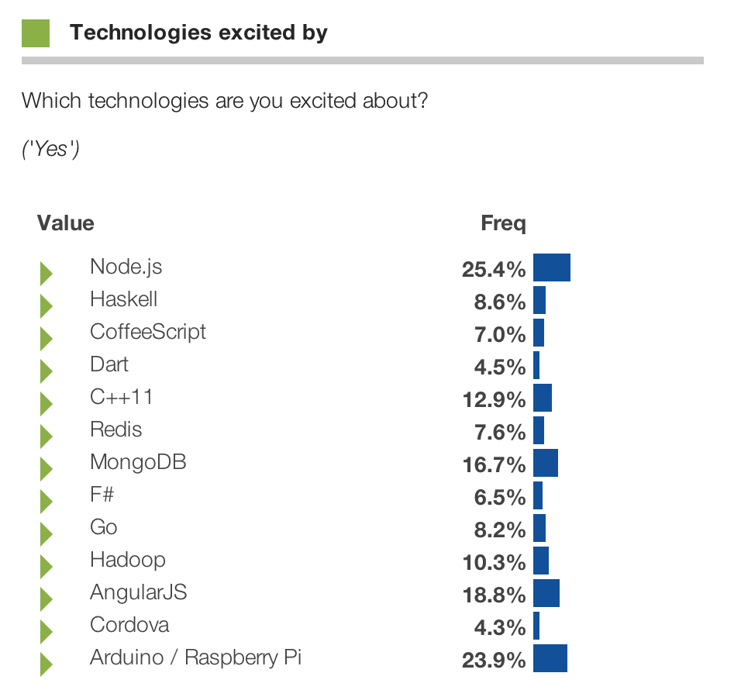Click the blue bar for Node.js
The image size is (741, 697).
click(552, 267)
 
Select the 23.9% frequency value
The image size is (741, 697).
click(494, 660)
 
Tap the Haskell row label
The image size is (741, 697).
click(123, 299)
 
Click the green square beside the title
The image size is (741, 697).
click(36, 33)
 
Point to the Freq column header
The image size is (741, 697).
click(503, 224)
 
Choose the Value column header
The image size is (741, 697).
click(66, 224)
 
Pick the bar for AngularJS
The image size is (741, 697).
click(546, 593)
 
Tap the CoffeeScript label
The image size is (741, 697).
click(148, 332)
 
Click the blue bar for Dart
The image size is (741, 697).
click(536, 365)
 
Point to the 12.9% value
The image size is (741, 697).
click(494, 399)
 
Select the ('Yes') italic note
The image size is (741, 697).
click(50, 149)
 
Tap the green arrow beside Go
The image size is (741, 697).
click(46, 533)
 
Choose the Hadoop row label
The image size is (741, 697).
click(128, 560)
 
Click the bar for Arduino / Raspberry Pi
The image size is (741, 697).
click(550, 658)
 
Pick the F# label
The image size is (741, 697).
click(102, 495)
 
